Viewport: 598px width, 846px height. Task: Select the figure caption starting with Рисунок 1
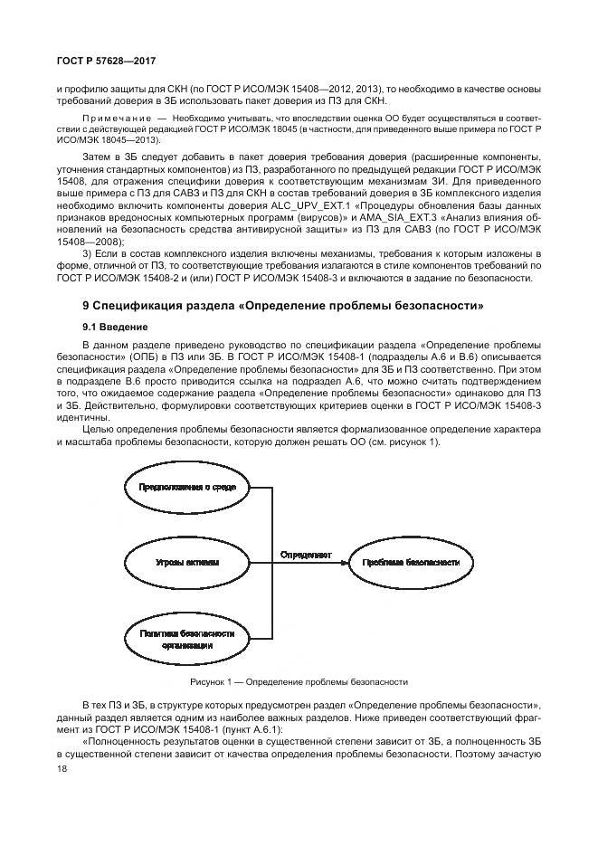pos(299,681)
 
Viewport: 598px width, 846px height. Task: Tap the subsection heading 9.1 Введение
pos(113,326)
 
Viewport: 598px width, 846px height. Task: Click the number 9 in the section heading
pos(86,306)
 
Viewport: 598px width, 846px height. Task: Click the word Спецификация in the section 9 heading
pos(138,306)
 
